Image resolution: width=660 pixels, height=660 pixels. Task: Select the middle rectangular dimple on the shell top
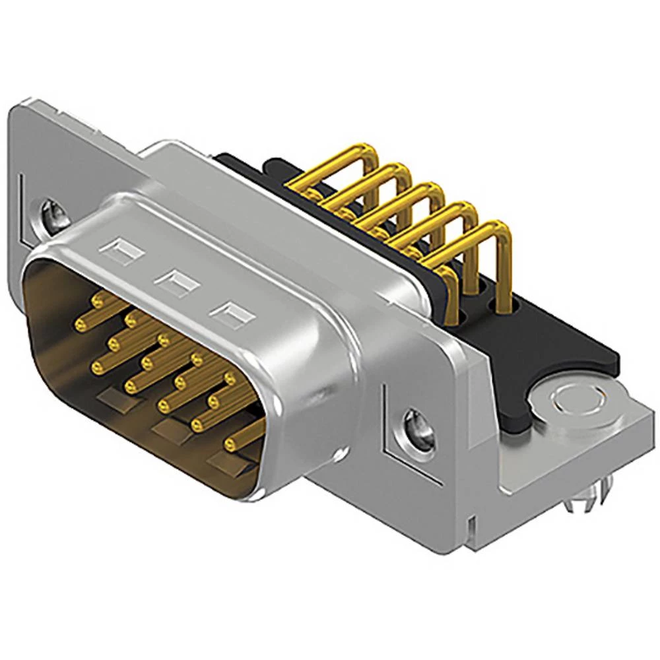tap(176, 282)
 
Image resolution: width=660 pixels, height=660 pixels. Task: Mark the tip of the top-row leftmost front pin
tap(99, 302)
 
